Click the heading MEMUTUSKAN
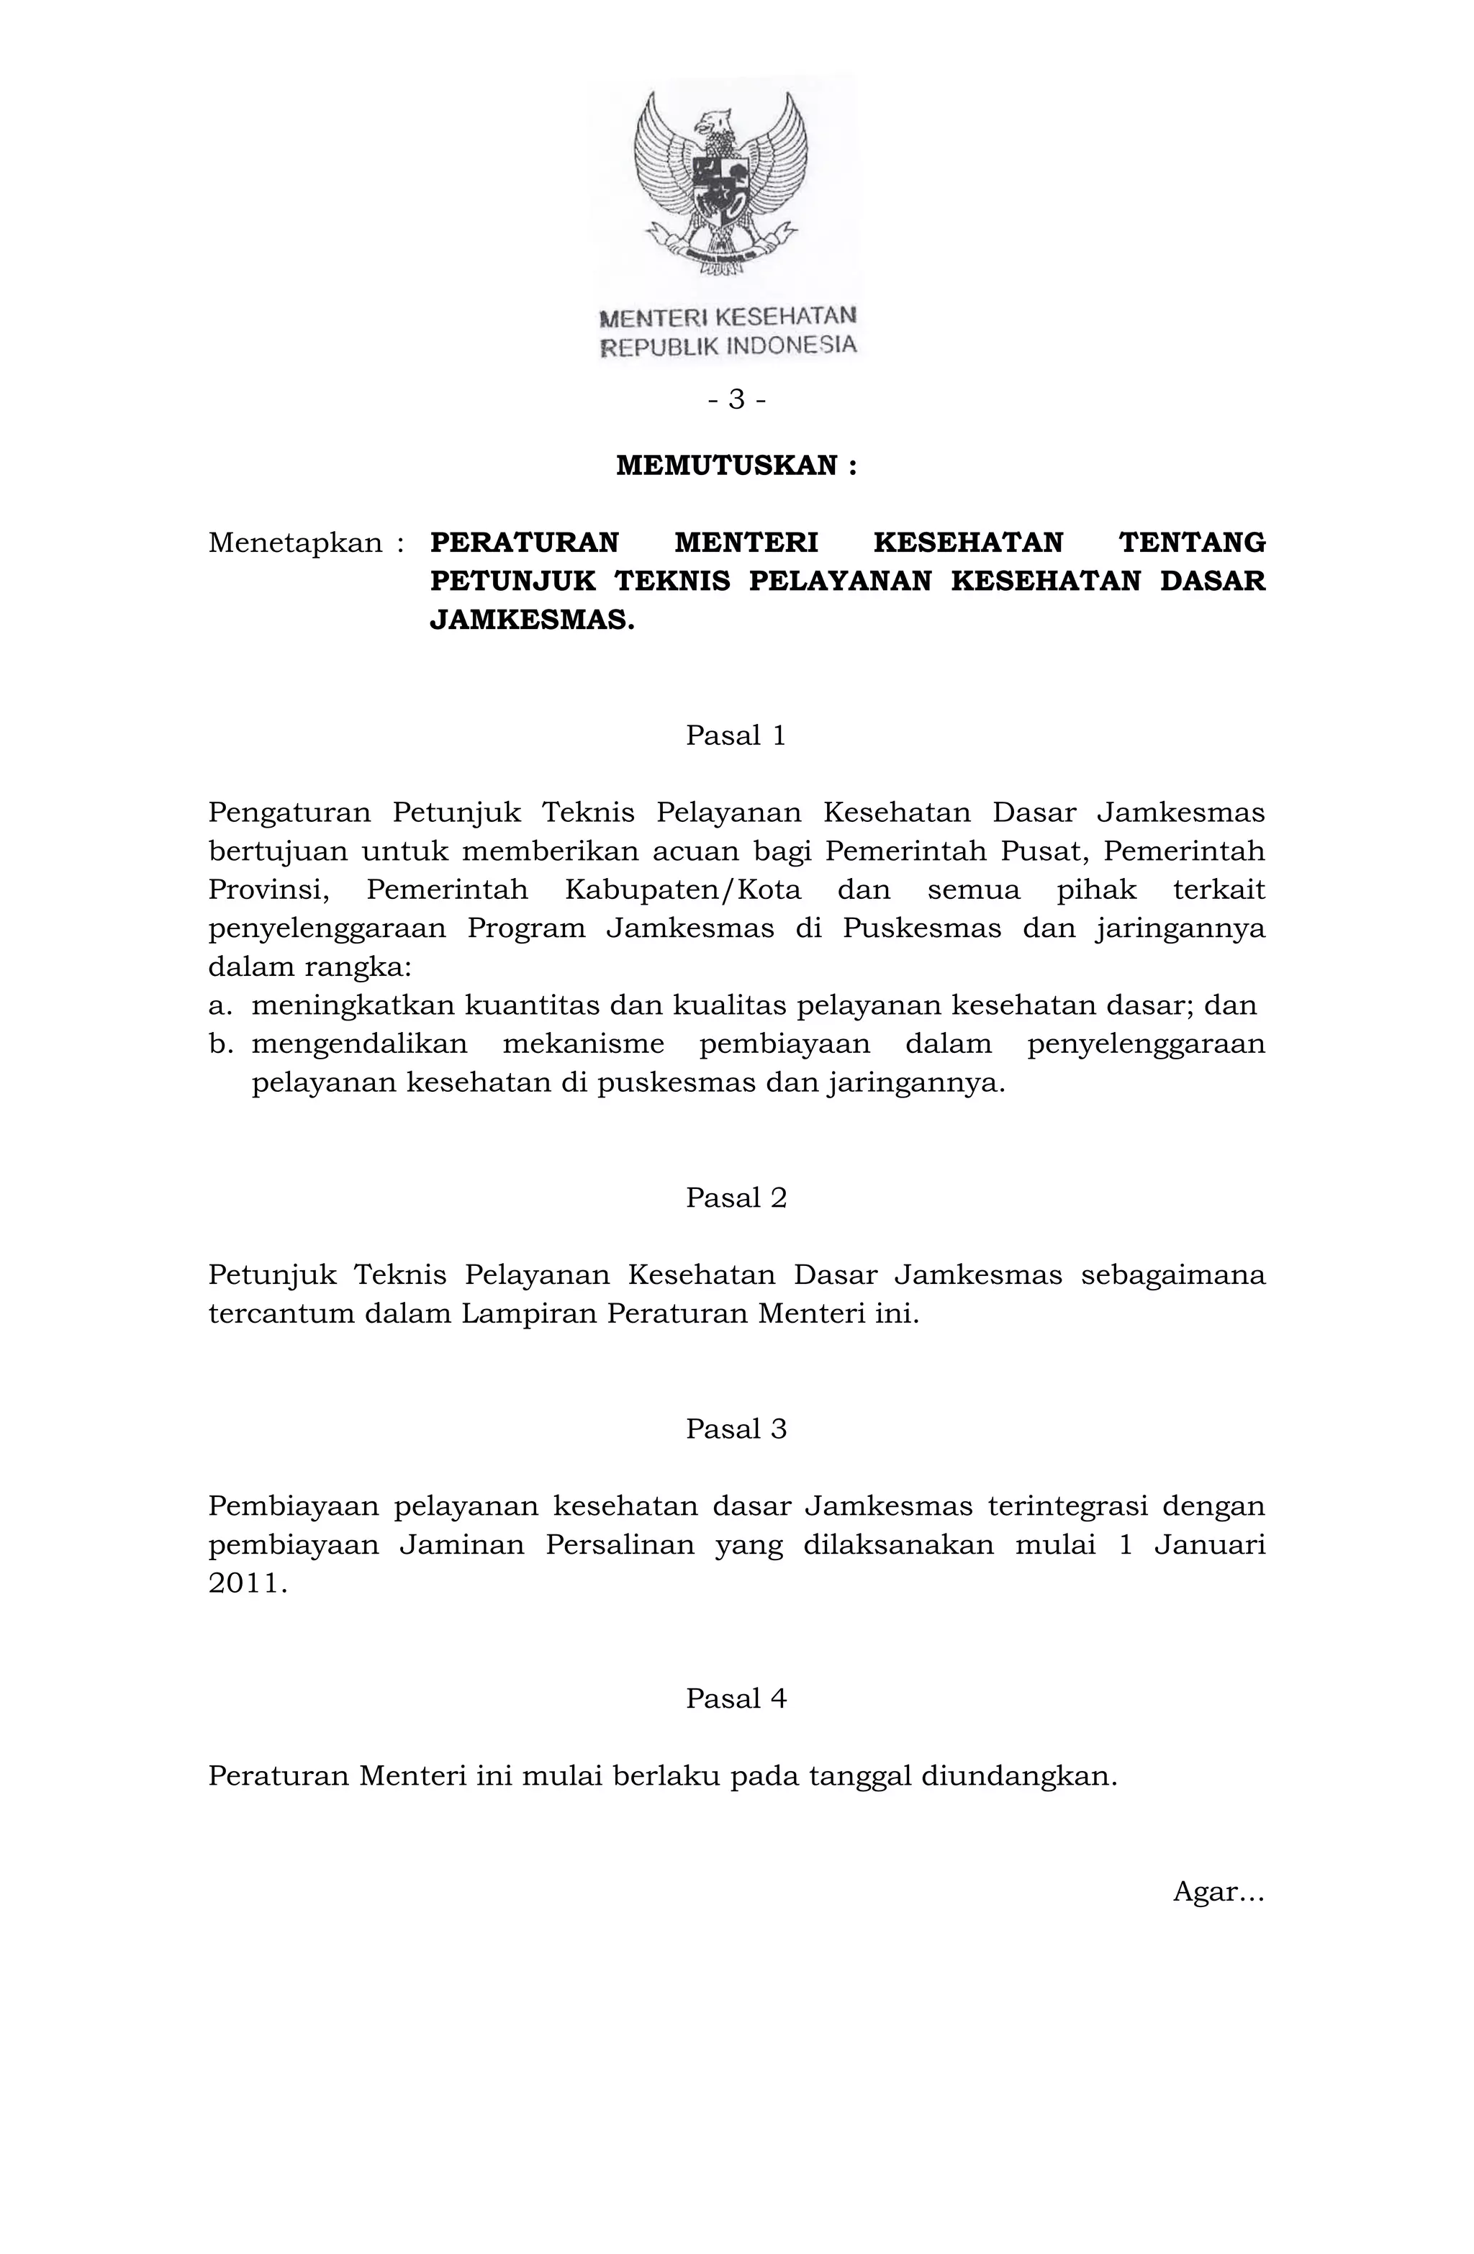tap(736, 466)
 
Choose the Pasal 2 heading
tap(736, 1198)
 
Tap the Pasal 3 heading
tap(736, 1429)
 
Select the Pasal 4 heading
tap(736, 1698)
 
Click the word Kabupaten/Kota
tap(683, 890)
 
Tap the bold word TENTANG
tap(1192, 543)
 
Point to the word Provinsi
tap(268, 890)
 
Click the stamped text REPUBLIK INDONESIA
tap(729, 345)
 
